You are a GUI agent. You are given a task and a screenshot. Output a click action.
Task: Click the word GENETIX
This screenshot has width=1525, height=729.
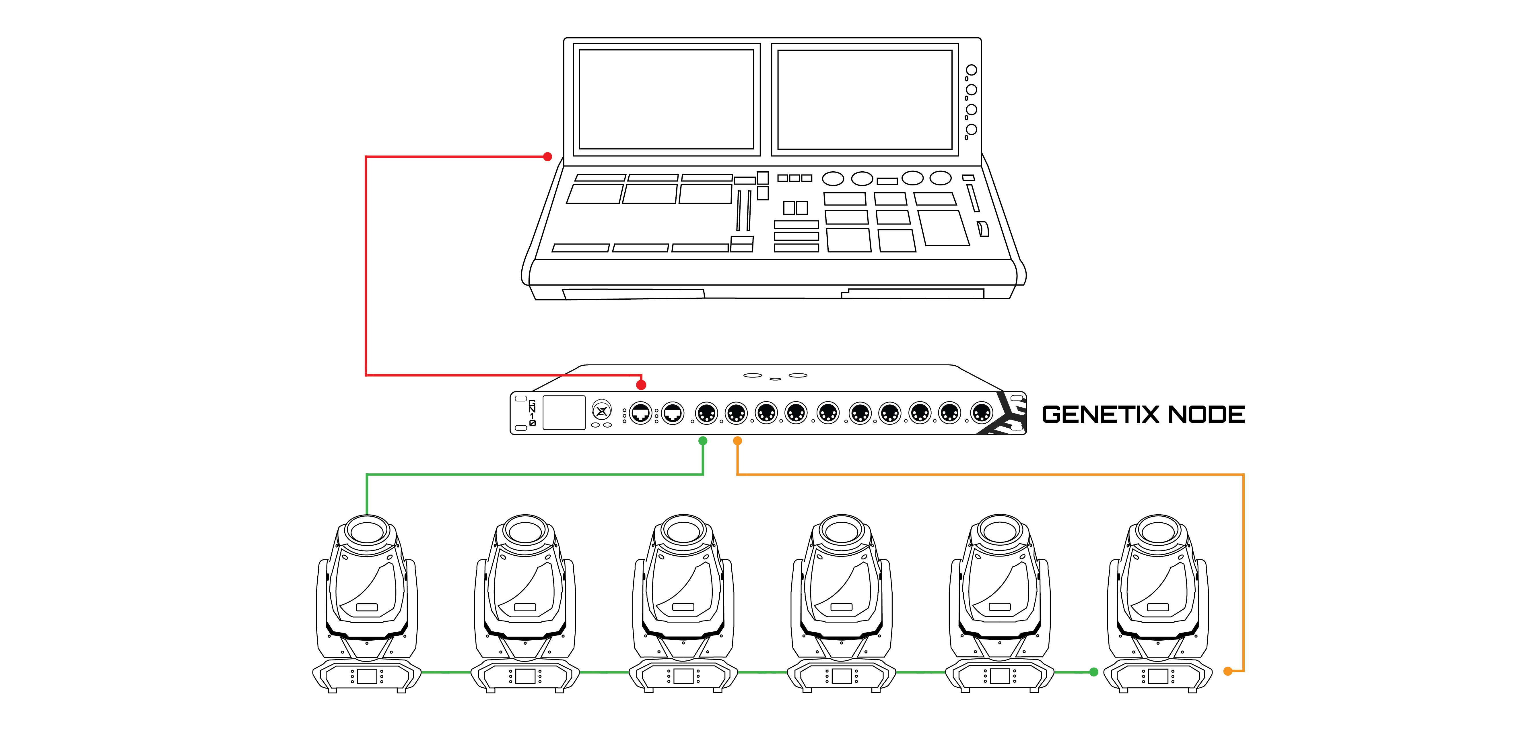pos(1101,414)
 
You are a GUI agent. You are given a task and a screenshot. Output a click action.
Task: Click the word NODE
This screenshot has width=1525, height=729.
pos(1207,414)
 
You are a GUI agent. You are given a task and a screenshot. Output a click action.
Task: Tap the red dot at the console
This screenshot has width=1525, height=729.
pos(548,157)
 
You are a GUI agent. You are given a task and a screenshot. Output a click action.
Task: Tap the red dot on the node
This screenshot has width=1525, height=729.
pos(641,385)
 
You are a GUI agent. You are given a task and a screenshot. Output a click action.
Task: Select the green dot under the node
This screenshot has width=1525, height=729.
pos(703,441)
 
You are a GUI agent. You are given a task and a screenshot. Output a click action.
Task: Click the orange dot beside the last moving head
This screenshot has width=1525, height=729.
pos(1228,671)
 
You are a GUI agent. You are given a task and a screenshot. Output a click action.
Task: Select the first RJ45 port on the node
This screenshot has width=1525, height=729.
pos(640,413)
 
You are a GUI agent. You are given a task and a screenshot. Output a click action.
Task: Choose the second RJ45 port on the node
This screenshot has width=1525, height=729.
pos(673,413)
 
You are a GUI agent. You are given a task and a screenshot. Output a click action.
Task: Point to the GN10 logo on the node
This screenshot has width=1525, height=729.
pos(532,413)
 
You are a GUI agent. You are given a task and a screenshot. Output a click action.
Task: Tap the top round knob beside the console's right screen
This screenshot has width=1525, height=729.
pos(972,70)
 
